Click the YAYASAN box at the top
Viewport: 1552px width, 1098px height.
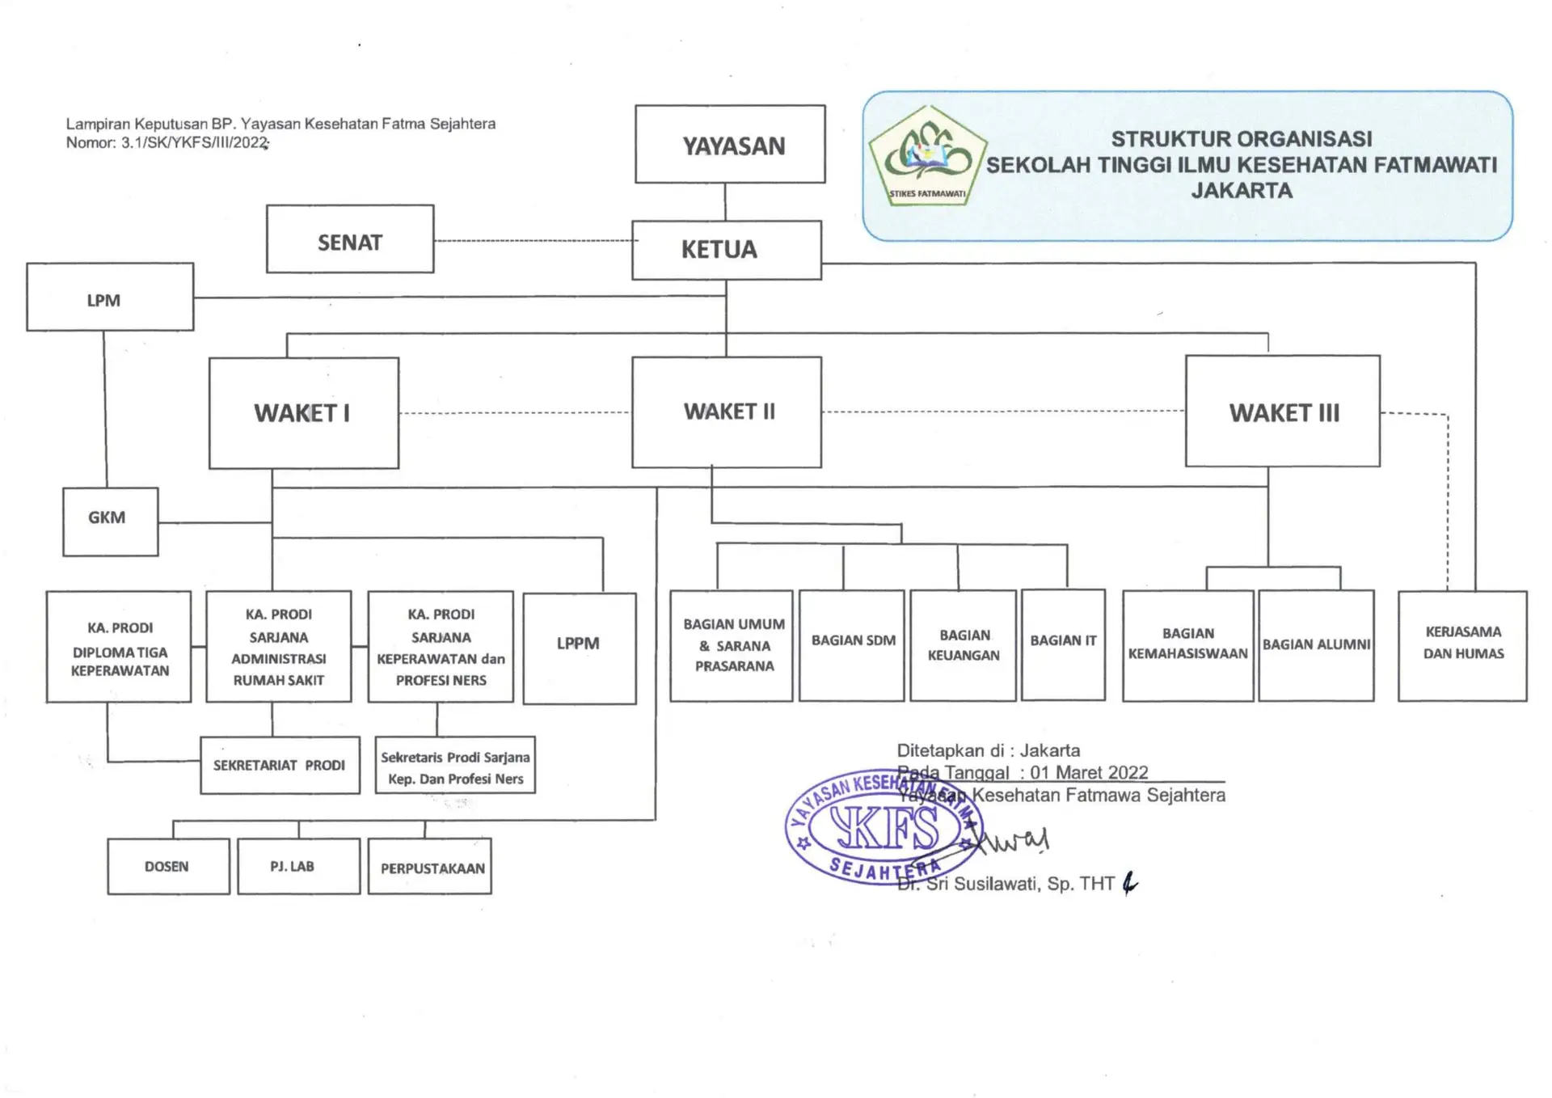(730, 144)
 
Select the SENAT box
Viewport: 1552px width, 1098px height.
(350, 239)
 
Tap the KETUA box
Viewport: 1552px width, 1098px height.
(726, 250)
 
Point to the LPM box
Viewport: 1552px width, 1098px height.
(110, 297)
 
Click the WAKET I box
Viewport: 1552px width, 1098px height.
(304, 413)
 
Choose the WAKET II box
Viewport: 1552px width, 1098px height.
(726, 412)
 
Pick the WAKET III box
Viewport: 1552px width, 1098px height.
(1282, 412)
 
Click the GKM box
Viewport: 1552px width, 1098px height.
(111, 522)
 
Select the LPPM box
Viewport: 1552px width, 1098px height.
(579, 648)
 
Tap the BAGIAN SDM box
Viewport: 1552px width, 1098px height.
(851, 645)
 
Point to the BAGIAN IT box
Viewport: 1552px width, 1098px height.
(1063, 644)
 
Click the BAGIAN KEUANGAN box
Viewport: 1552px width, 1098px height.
(963, 645)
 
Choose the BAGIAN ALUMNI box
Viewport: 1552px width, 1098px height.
(1316, 645)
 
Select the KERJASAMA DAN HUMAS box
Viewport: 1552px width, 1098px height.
(1462, 645)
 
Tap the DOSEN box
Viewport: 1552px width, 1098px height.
(168, 866)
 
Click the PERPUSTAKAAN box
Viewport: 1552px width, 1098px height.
(430, 867)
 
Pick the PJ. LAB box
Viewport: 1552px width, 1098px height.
(298, 866)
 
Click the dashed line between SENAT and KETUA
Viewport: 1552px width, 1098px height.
(533, 241)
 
